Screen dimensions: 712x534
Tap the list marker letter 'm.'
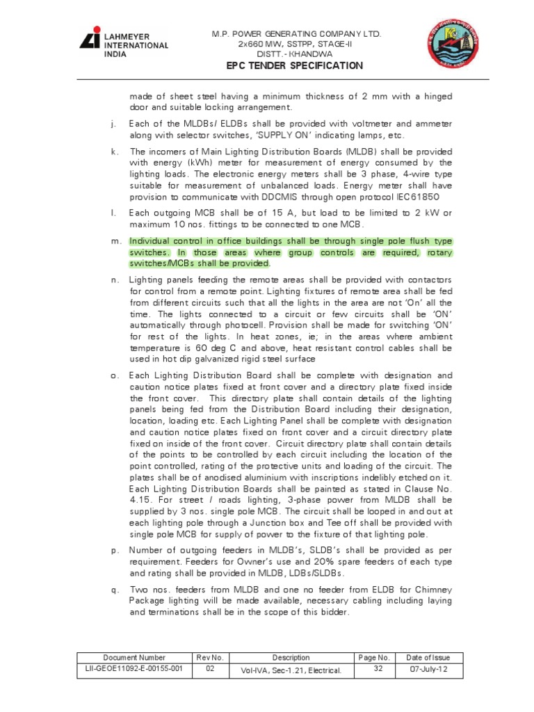113,241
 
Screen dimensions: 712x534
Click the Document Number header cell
134,657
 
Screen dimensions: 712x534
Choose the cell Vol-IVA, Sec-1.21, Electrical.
291,671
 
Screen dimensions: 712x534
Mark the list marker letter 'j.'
113,124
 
